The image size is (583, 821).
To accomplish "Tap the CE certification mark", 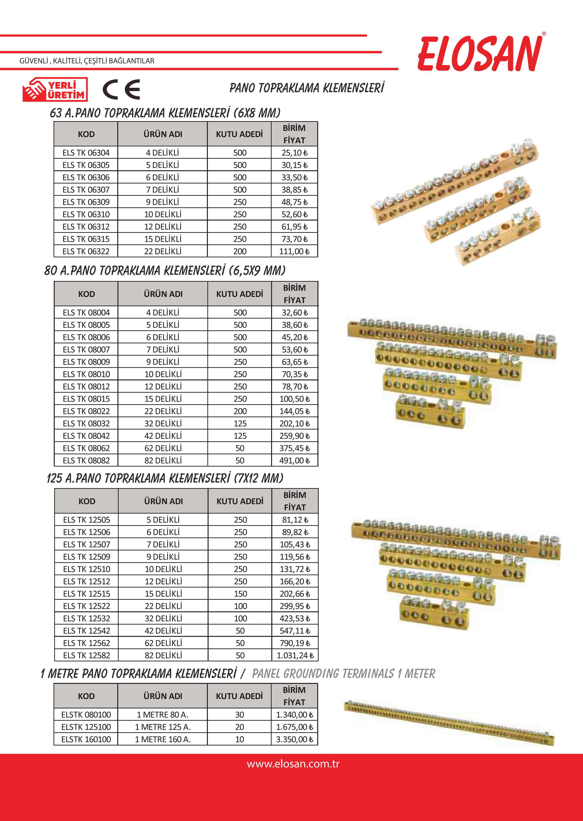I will point(121,90).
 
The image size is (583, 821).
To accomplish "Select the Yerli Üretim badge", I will point(55,89).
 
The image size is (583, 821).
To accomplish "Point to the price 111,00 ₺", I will point(294,251).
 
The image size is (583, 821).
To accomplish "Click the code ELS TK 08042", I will point(86,436).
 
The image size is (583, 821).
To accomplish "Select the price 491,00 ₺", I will point(294,460).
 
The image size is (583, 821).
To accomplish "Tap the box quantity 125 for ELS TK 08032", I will point(240,423).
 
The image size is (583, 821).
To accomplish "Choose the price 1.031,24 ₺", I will point(295,655).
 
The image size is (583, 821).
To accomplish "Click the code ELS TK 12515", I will point(86,594).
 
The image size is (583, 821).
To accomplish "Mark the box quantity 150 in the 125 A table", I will point(240,594).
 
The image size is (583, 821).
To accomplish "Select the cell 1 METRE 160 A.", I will point(163,739).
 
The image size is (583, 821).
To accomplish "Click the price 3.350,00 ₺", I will point(294,739).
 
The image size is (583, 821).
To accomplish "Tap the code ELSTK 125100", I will point(86,727).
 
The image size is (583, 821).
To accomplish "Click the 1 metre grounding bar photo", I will point(449,723).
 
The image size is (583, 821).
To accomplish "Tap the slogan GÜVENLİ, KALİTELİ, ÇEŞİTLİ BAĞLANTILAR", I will point(87,61).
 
